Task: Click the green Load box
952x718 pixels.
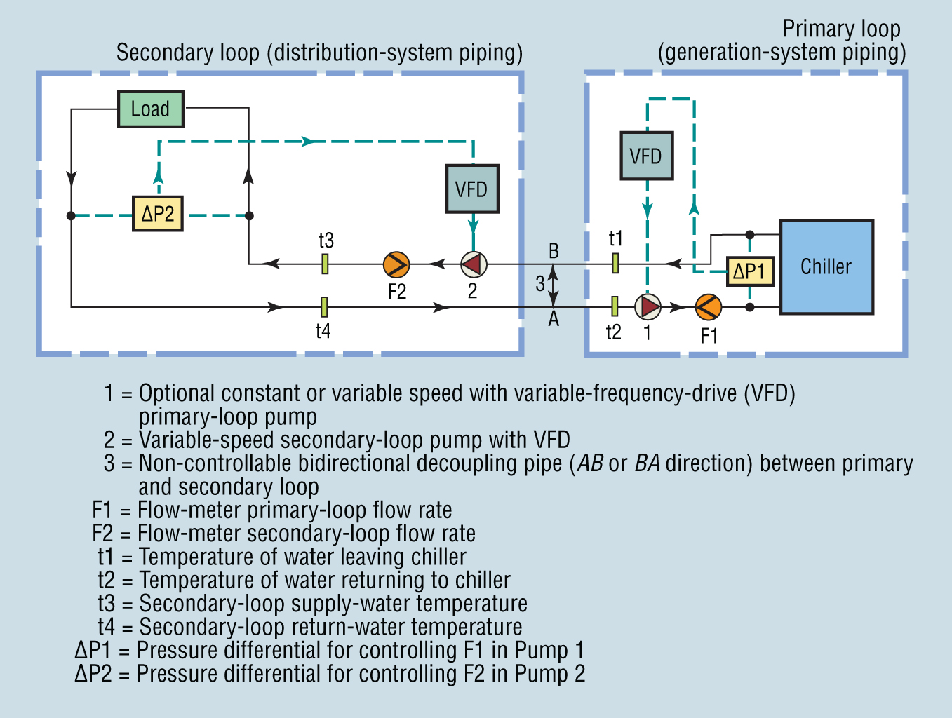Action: [150, 109]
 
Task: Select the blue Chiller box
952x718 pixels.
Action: [826, 266]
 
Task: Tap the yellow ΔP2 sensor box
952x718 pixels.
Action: [158, 214]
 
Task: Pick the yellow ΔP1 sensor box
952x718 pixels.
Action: [750, 271]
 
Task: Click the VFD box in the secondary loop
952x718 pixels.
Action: [472, 189]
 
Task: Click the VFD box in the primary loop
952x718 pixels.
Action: [646, 156]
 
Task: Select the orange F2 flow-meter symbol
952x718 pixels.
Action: [396, 264]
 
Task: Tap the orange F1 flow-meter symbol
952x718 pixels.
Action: [708, 307]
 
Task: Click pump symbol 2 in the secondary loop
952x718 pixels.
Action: [474, 264]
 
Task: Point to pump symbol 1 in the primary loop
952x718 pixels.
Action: [648, 307]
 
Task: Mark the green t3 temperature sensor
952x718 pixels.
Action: [325, 264]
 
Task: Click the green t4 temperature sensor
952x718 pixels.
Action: [324, 306]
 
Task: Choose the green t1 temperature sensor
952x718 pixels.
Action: [615, 263]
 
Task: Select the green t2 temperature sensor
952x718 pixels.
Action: [615, 306]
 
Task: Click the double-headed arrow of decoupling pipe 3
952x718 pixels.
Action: [554, 285]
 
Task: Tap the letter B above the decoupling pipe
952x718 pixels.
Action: [554, 251]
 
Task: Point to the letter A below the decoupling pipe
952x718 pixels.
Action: [554, 320]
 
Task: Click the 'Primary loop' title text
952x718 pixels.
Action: [841, 29]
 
